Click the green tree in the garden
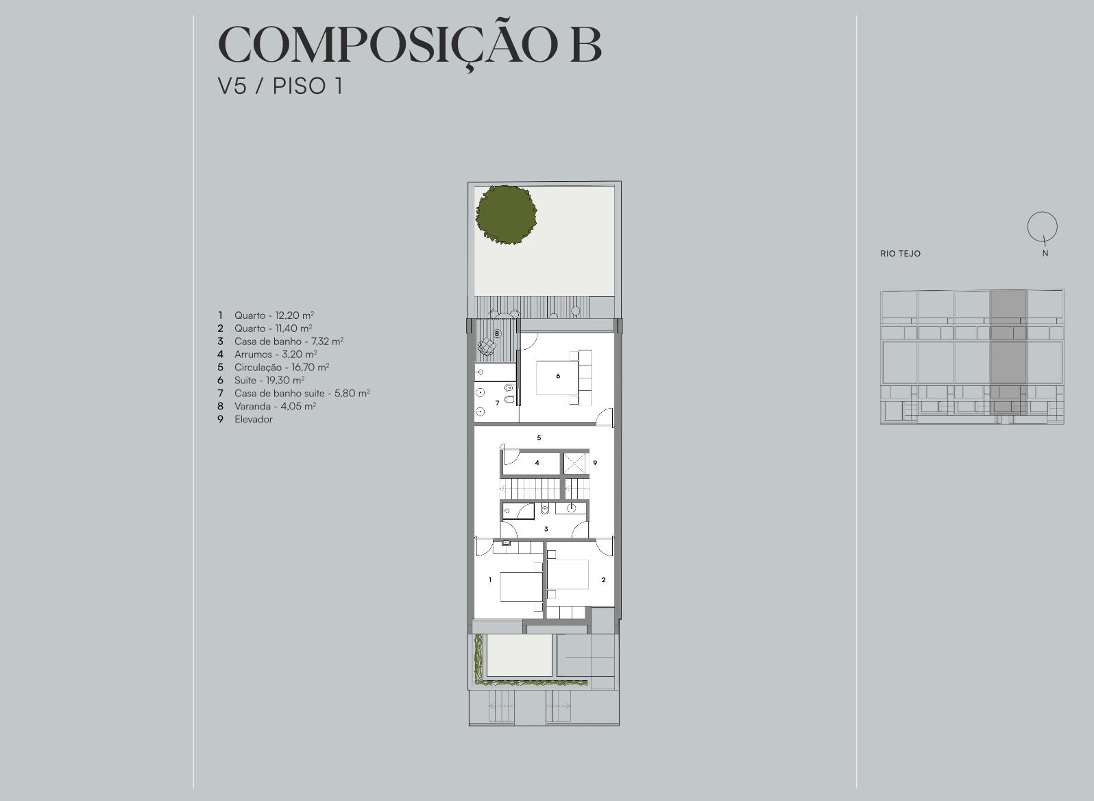[506, 215]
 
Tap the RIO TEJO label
[900, 254]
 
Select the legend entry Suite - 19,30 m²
[269, 380]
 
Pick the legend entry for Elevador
[253, 419]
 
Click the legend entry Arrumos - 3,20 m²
[276, 355]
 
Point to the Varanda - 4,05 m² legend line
[275, 406]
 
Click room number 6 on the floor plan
[558, 376]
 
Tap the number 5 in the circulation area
[539, 438]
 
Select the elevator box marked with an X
[574, 464]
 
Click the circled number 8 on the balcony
[497, 334]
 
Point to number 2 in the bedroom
[604, 580]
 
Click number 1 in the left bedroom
[490, 580]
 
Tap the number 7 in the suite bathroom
[497, 403]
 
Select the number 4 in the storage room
[537, 463]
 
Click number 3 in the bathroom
[546, 529]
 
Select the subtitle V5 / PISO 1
[280, 86]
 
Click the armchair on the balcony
[487, 346]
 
